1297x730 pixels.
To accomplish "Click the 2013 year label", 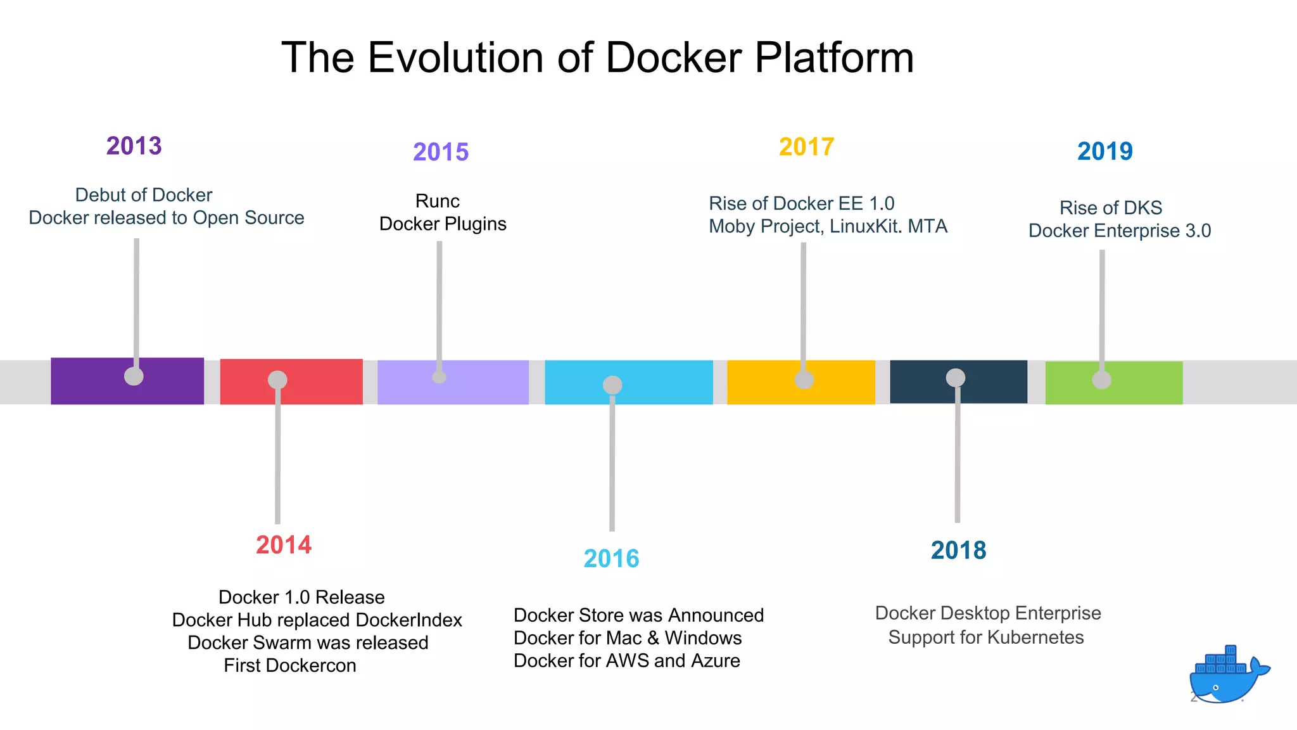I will (x=134, y=146).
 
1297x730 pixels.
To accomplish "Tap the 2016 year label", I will (x=611, y=558).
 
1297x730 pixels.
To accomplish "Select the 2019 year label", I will (x=1105, y=151).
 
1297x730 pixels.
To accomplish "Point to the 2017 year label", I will (x=806, y=146).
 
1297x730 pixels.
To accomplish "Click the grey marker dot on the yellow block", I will (x=804, y=380).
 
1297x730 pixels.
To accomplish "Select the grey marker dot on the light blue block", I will (x=612, y=385).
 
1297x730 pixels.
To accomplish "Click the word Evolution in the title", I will (x=456, y=57).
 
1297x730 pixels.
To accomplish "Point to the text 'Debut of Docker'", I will (x=144, y=195).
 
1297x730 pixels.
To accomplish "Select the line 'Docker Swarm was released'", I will (x=308, y=643).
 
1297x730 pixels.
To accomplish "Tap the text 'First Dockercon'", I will (x=290, y=665).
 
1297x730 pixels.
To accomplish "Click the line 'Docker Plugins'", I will (x=443, y=224).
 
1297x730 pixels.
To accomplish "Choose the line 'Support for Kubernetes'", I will (x=986, y=637).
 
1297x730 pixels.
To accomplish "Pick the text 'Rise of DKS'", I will (x=1111, y=207).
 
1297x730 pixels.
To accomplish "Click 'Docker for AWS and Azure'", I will (x=626, y=660).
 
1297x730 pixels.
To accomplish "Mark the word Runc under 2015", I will (x=438, y=201).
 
